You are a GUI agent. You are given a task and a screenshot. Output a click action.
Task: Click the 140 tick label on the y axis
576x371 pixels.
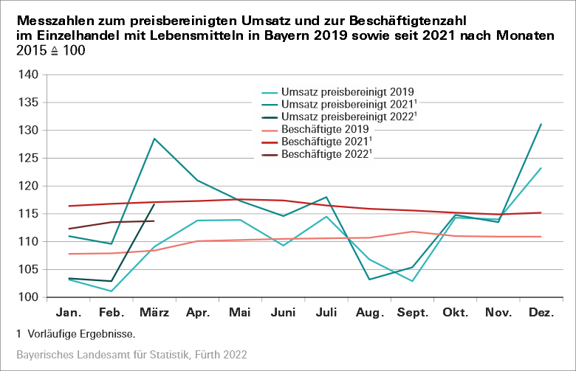coord(27,74)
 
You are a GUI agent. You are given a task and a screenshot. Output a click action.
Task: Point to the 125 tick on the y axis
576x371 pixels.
coord(27,158)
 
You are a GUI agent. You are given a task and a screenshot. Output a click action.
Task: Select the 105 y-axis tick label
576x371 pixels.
coord(27,269)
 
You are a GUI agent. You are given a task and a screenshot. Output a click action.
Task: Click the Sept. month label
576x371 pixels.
coord(414,314)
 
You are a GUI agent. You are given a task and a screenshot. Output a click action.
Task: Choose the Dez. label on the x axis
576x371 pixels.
coord(542,314)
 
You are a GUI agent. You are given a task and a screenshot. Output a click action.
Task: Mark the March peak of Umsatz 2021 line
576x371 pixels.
coord(154,139)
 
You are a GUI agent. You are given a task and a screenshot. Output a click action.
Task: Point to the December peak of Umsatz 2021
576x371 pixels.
coord(541,124)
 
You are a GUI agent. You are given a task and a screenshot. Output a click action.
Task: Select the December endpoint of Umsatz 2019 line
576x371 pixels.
coord(541,168)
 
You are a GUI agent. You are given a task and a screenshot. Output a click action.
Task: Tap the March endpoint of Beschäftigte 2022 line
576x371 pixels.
coord(154,221)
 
